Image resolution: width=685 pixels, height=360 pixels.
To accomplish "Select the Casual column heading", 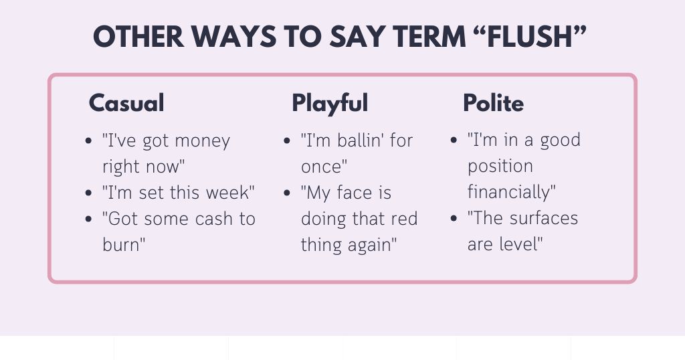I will (x=126, y=103).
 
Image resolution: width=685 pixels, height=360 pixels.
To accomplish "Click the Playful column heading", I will (x=330, y=103).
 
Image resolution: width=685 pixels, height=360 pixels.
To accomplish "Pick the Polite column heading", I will (x=493, y=103).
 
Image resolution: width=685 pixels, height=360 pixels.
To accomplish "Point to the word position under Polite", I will (x=500, y=167).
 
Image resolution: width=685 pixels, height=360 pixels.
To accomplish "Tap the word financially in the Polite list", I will (x=509, y=193).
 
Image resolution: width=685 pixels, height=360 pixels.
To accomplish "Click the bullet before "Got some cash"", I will (x=89, y=219).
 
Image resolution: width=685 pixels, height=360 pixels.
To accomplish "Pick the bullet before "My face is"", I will (x=287, y=193).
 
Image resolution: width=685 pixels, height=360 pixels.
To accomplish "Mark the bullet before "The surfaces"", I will (x=454, y=219).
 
